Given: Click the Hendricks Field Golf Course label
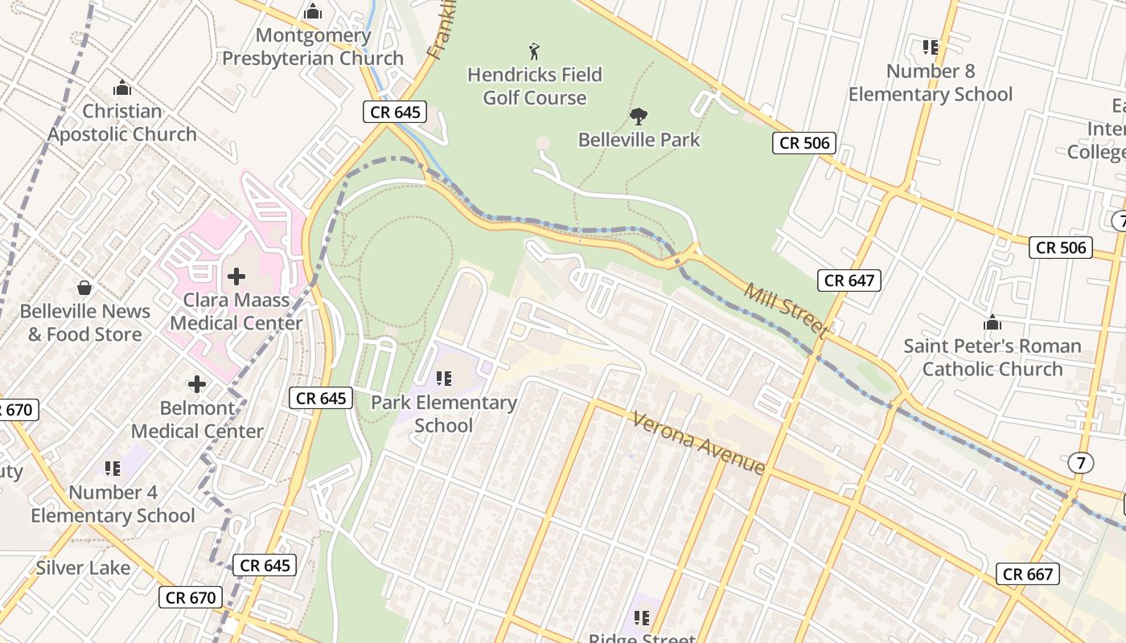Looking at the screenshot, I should click(535, 87).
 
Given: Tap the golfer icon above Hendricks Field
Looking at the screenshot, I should click(534, 52).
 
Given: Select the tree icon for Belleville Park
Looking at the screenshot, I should click(639, 117).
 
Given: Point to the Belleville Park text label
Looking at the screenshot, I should click(639, 140).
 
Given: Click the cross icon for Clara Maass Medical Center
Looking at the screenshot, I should click(236, 276).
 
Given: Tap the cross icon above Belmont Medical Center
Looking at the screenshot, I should click(197, 384).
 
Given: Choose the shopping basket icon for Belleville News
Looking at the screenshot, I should click(84, 288).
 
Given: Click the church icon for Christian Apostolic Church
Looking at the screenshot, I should click(122, 87).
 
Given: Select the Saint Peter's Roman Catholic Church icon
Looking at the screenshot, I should click(992, 322).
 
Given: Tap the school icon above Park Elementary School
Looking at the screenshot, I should click(443, 378).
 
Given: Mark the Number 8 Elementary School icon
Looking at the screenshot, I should click(931, 47).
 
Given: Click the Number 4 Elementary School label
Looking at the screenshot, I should click(113, 504).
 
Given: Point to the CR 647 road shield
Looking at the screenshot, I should click(849, 281).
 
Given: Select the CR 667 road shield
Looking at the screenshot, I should click(1029, 574).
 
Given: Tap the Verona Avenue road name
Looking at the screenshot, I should click(698, 443).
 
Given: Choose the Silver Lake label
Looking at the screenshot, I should click(83, 568).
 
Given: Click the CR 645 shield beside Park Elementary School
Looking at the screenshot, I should click(321, 398).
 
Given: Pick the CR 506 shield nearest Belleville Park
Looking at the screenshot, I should click(804, 143).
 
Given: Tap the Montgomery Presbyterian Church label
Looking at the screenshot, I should click(313, 47).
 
